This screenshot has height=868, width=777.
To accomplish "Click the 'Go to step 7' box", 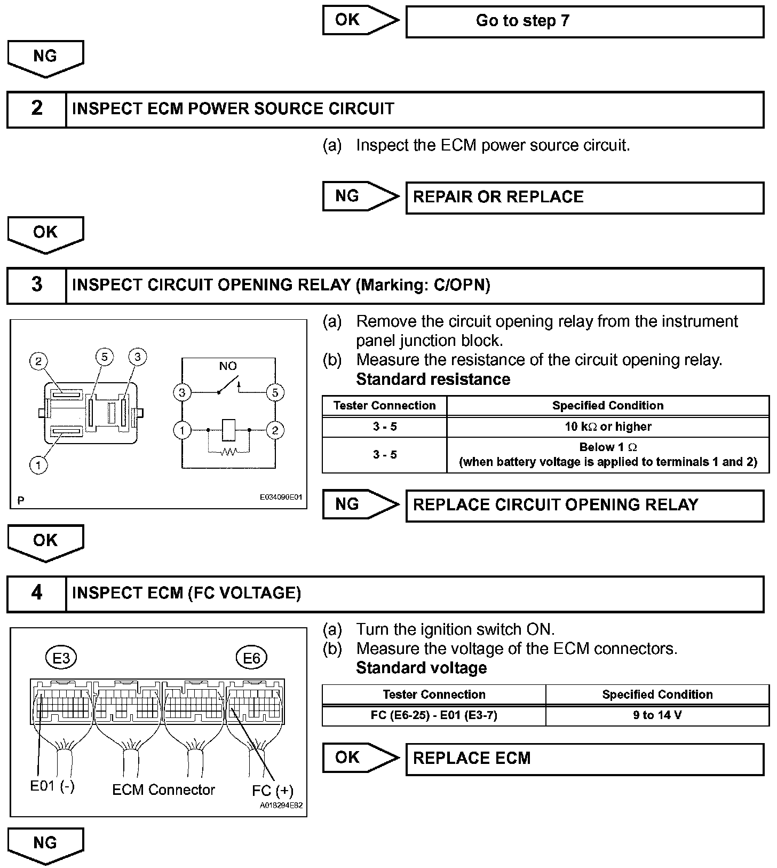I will coord(584,21).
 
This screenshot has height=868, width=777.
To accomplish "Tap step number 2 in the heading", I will coord(36,108).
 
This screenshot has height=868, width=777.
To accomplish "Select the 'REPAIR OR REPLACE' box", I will coord(584,197).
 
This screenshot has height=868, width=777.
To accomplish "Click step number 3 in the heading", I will coord(36,285).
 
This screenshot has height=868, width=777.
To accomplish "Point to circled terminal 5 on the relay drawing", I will coord(105,357).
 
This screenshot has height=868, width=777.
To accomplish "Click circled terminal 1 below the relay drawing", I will coord(38,465).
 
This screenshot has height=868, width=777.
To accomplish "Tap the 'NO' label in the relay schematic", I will coord(228,366).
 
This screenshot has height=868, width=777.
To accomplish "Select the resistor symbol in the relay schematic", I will coord(229,452).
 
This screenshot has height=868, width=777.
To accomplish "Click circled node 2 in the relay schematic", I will coord(275,430).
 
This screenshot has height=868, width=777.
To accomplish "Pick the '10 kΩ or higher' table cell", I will coord(608,427).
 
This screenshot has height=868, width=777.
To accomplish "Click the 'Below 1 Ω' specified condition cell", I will coord(608,454).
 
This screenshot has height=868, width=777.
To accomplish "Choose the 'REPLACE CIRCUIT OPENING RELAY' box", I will coord(584,505).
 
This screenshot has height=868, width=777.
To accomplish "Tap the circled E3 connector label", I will coord(61,658).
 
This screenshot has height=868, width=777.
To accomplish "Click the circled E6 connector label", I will coord(251,658).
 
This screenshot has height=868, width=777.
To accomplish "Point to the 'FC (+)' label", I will coord(272,790).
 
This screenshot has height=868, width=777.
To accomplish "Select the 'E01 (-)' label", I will coord(52,786).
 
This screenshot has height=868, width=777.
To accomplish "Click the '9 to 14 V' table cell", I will coord(657,715).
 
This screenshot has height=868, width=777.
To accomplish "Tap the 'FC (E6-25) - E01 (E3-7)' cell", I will coord(434,715).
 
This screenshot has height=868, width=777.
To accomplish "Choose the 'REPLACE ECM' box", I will coord(584,759).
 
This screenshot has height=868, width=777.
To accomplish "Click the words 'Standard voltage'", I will coord(421,668).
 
